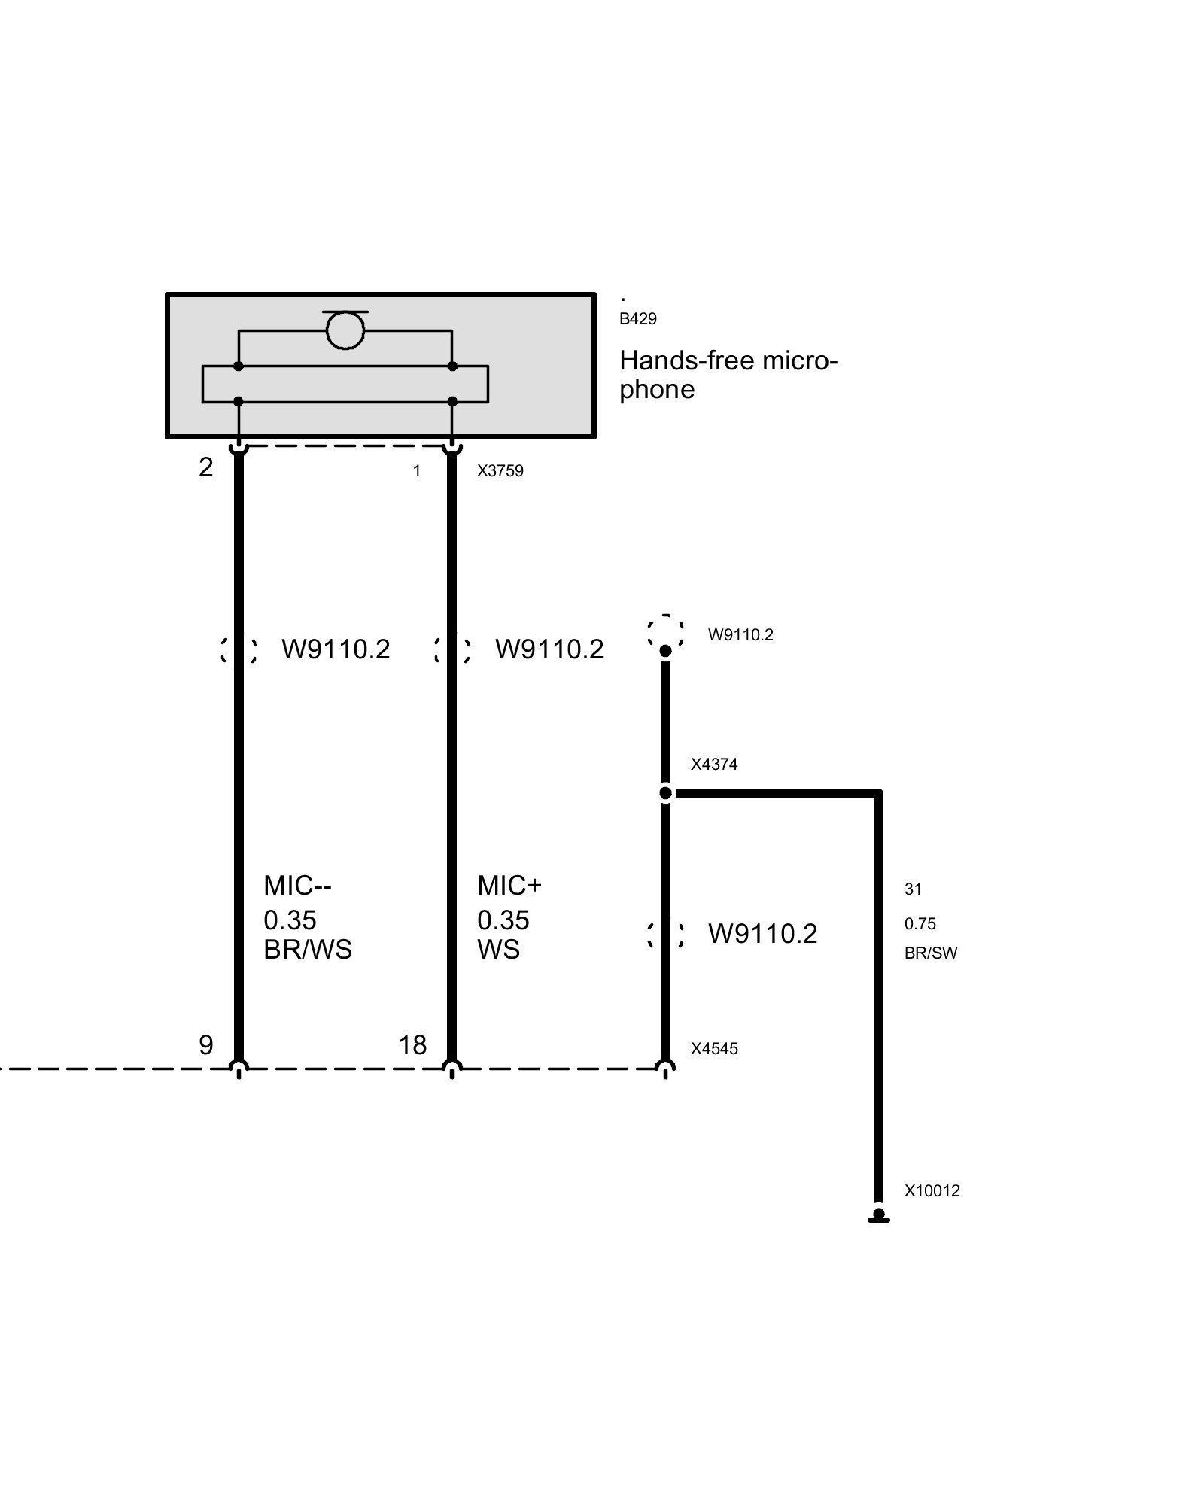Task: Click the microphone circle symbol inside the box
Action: (345, 330)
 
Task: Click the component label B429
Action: (638, 319)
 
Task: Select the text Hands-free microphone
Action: (728, 375)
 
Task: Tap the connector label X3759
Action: (500, 471)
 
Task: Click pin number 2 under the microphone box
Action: (206, 467)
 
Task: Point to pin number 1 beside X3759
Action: (417, 471)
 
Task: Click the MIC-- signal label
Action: (297, 886)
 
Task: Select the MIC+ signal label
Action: (509, 886)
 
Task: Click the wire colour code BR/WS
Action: (308, 950)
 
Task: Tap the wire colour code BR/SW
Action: (931, 953)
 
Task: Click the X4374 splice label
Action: (714, 765)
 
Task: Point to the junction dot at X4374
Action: (666, 793)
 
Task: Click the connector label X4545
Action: (714, 1049)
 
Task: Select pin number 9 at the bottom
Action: (206, 1044)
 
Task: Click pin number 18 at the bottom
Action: (413, 1044)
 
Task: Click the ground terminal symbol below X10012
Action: (878, 1215)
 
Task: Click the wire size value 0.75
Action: (920, 924)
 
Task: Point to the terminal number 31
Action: (913, 889)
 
